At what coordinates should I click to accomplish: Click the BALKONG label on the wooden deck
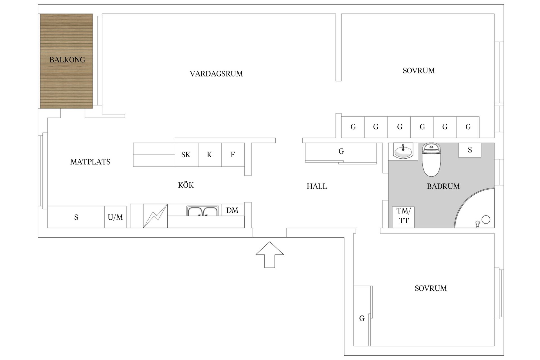coord(67,60)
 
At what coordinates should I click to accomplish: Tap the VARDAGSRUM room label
coord(216,74)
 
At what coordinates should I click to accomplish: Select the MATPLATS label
coord(90,162)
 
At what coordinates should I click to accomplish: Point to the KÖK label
coord(186,185)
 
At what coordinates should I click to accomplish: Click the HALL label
coord(317,186)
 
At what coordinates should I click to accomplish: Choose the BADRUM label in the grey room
coord(443,186)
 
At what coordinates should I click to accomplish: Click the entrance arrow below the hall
coord(269,255)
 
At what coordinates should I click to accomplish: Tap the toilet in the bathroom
coord(431,160)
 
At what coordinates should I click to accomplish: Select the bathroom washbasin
coord(403,151)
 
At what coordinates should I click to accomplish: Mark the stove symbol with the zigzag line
coord(155,216)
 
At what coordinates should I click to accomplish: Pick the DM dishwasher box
coord(232,210)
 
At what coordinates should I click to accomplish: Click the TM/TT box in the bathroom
coord(403,216)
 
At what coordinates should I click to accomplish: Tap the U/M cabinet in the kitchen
coord(115,217)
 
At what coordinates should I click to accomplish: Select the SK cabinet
coord(186,155)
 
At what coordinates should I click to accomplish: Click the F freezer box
coord(233,155)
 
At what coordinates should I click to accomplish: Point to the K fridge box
coord(210,155)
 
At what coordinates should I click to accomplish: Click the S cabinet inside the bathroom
coord(469,150)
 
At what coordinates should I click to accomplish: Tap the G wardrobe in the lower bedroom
coord(362,318)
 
